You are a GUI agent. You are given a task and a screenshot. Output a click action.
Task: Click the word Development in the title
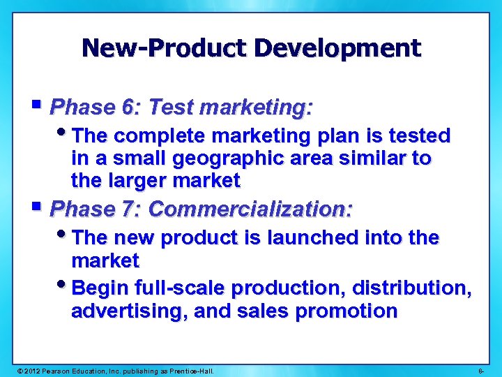337,48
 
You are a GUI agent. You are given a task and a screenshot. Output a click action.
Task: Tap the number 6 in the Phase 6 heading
128,108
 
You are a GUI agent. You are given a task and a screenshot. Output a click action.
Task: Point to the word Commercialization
251,209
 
